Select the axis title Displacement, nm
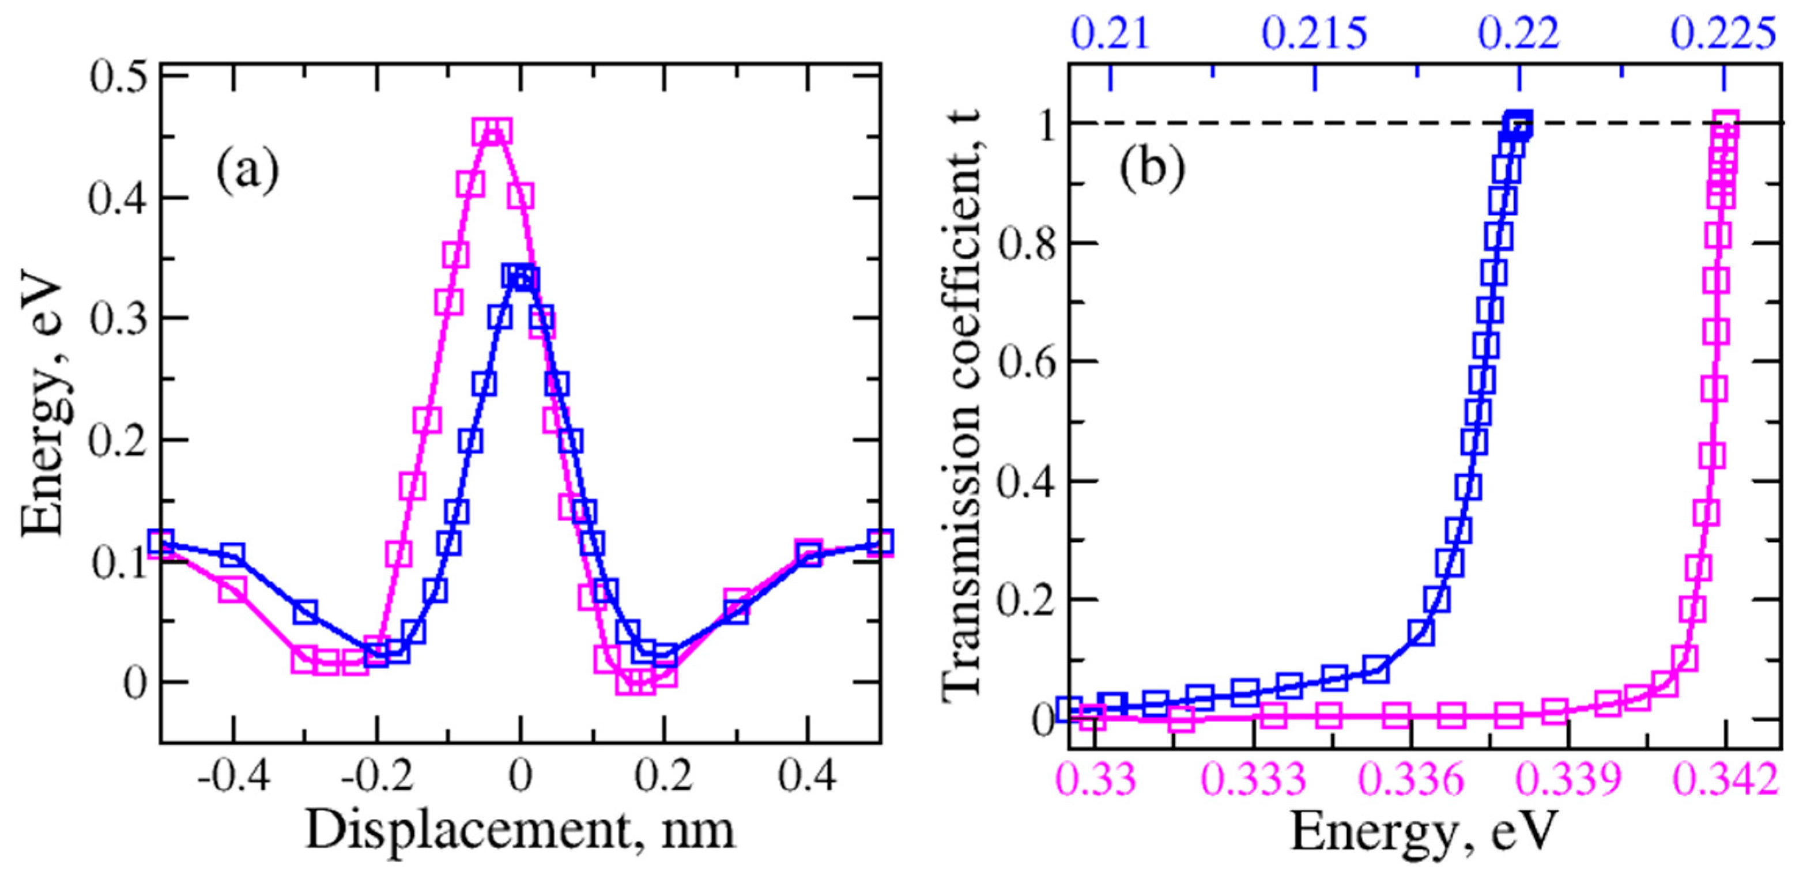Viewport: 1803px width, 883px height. [x=520, y=831]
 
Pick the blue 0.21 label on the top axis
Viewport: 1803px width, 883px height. [x=1111, y=33]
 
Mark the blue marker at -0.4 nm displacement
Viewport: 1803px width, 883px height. [x=232, y=555]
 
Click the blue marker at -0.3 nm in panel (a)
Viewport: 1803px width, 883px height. [x=304, y=612]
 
